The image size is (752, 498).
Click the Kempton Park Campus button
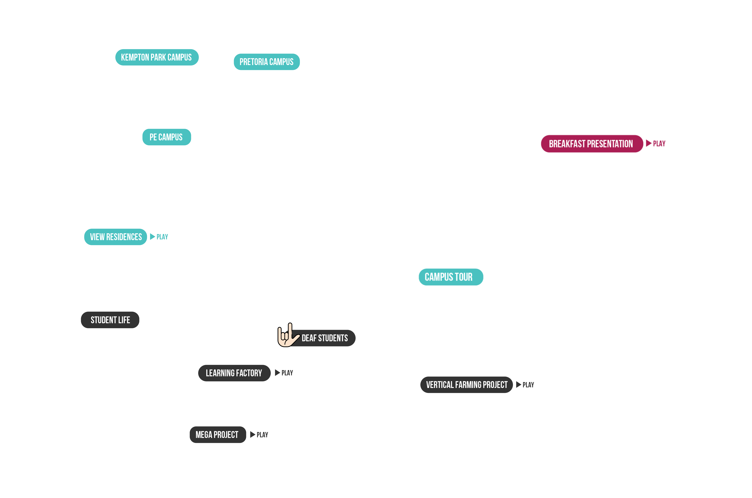pyautogui.click(x=157, y=57)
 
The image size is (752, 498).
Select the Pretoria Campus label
pyautogui.click(x=266, y=62)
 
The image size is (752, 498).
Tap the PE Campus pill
pyautogui.click(x=166, y=137)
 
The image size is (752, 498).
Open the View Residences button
pyautogui.click(x=115, y=237)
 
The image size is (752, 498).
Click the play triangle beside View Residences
pyautogui.click(x=152, y=237)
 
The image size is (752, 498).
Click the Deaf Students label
pyautogui.click(x=325, y=338)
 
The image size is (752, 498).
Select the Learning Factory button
pyautogui.click(x=234, y=373)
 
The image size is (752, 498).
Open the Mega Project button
pyautogui.click(x=217, y=435)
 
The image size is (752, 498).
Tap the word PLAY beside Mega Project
pyautogui.click(x=262, y=435)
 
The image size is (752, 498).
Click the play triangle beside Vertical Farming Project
pyautogui.click(x=519, y=385)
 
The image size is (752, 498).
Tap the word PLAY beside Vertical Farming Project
pyautogui.click(x=528, y=385)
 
